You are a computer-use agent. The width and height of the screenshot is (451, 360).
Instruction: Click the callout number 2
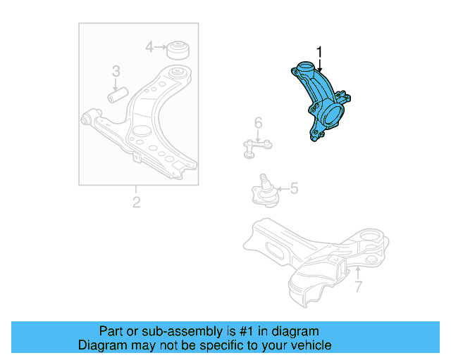(x=136, y=202)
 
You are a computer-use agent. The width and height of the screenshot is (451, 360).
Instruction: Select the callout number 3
(x=116, y=71)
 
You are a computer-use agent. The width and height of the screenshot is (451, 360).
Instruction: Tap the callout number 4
(x=149, y=47)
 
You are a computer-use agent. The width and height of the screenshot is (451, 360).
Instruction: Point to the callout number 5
(x=294, y=188)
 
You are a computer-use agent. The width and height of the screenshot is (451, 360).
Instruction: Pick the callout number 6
(x=258, y=124)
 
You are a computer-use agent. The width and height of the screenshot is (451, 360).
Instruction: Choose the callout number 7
(x=358, y=286)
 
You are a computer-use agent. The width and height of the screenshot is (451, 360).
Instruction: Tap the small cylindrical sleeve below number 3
(x=116, y=93)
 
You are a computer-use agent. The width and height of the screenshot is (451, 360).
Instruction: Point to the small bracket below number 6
(x=257, y=147)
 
